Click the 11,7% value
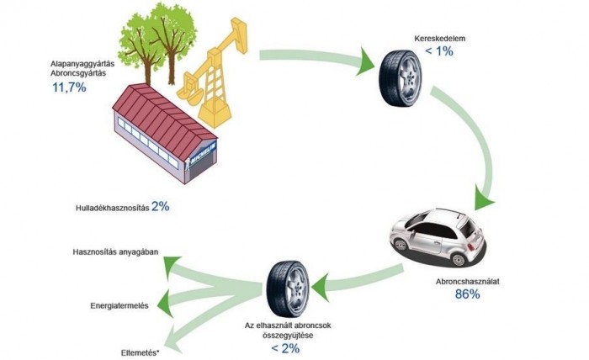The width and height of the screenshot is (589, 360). click(x=69, y=87)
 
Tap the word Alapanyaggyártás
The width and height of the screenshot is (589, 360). click(x=80, y=63)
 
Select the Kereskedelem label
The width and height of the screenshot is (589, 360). click(x=440, y=39)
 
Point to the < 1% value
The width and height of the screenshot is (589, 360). click(x=439, y=51)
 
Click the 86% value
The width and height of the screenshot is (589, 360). click(x=467, y=294)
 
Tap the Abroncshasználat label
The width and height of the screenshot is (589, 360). click(x=467, y=279)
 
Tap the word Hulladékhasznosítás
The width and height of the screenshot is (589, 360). click(x=112, y=207)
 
